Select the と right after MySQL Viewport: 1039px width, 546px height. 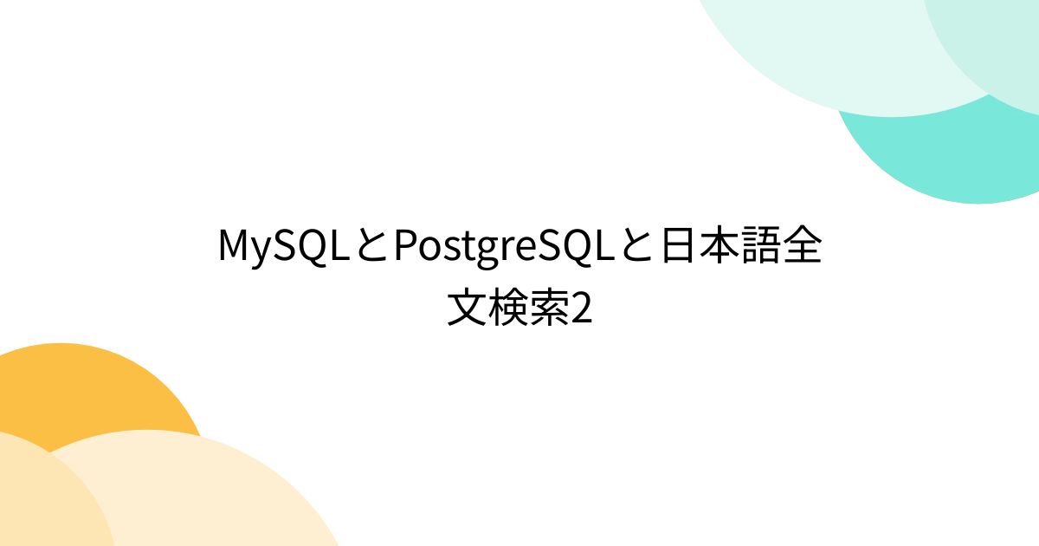tap(370, 248)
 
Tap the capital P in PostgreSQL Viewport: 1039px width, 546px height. tap(403, 248)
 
